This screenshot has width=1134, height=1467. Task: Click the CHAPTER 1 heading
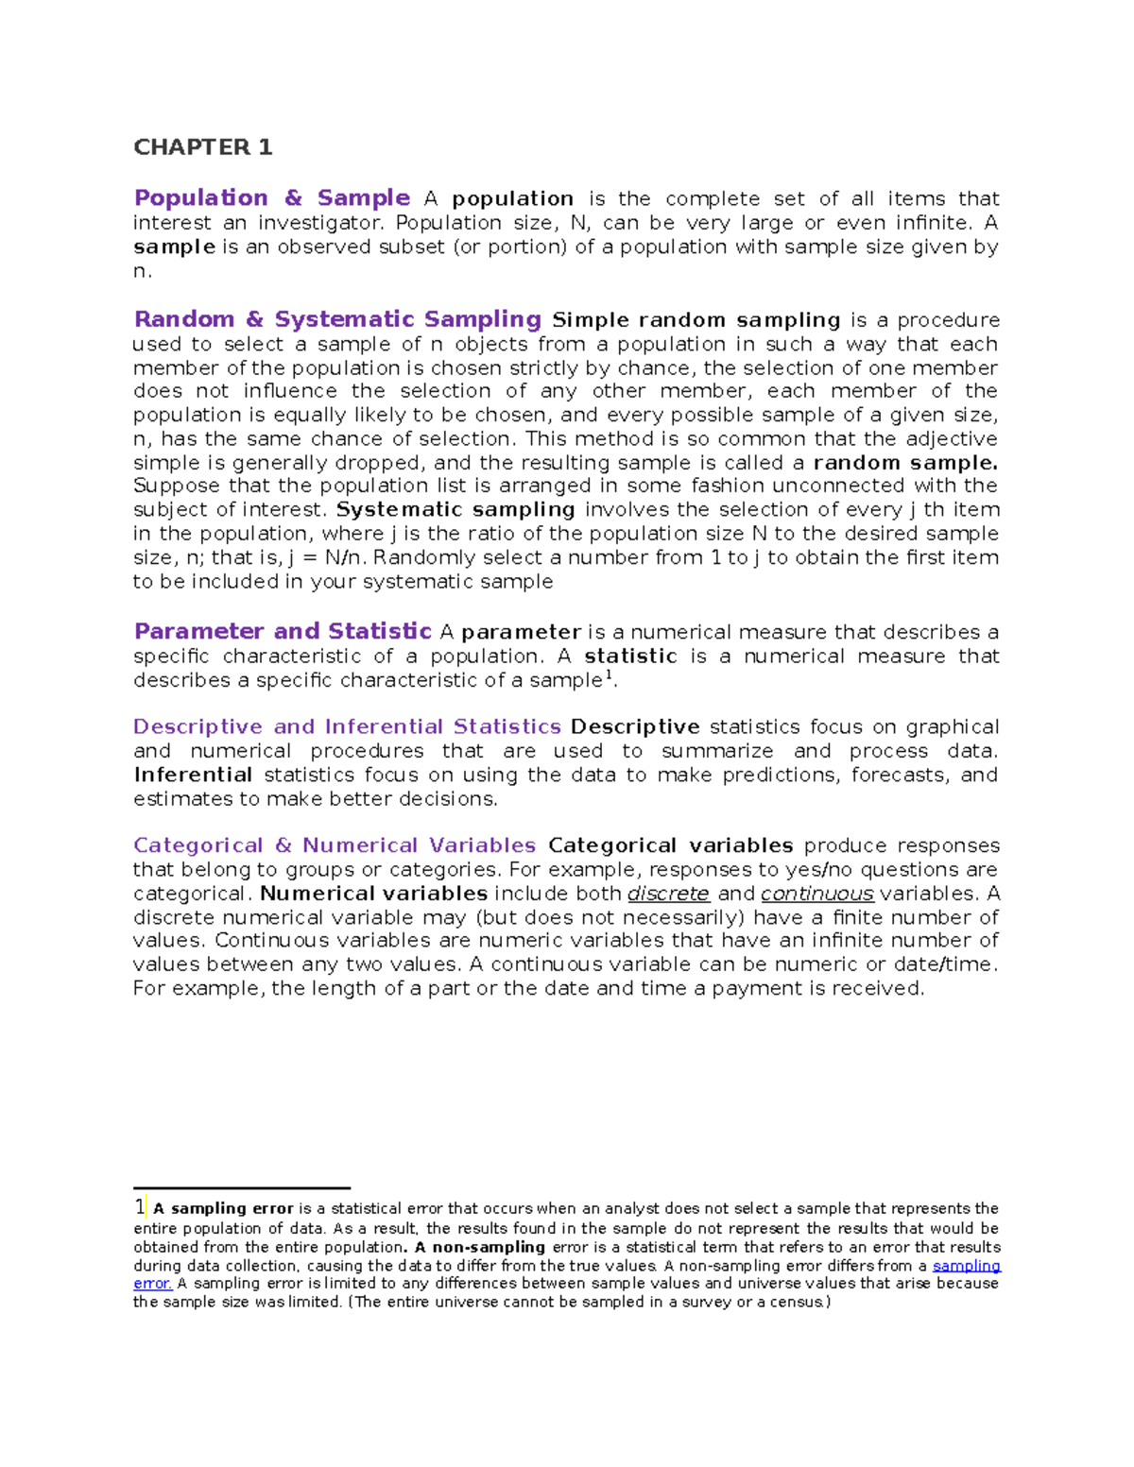coord(202,147)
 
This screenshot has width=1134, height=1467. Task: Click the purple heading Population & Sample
coord(271,198)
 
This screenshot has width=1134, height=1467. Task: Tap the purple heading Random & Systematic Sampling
coord(337,319)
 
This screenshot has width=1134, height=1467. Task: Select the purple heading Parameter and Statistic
coord(282,631)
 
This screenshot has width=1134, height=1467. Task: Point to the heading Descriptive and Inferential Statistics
coord(347,726)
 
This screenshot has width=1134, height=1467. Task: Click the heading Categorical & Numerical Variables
coord(335,845)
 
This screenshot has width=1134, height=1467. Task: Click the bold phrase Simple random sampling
coord(696,320)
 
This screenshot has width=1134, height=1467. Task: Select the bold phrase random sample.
coord(905,463)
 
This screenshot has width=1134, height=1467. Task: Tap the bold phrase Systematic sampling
coord(455,510)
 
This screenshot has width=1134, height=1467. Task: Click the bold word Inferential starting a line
coord(193,776)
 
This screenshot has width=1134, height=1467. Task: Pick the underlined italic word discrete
coord(668,894)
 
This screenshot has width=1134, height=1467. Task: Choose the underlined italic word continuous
coord(817,894)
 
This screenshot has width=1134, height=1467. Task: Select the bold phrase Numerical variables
coord(373,894)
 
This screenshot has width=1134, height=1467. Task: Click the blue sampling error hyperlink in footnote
coord(966,1266)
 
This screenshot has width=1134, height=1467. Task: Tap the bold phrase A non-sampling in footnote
coord(479,1247)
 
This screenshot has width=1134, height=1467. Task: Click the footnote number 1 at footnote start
coord(139,1207)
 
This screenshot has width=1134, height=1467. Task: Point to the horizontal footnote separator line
coord(242,1188)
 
